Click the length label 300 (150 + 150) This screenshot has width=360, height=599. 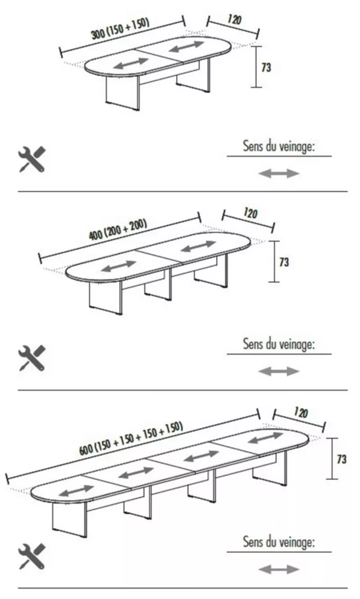120,29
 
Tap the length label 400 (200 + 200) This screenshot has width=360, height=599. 118,229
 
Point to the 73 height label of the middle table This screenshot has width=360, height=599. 284,262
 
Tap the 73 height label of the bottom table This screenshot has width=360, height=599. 342,460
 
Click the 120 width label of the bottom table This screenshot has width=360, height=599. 301,413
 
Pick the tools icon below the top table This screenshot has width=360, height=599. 32,159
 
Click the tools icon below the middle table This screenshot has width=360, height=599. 32,358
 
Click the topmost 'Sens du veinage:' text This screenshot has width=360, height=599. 279,147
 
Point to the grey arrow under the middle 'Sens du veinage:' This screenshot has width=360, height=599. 279,371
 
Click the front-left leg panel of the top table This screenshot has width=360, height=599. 122,92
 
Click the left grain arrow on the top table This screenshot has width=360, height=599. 131,63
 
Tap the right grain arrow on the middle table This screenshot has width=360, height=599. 198,246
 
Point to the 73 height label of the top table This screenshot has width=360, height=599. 266,67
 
